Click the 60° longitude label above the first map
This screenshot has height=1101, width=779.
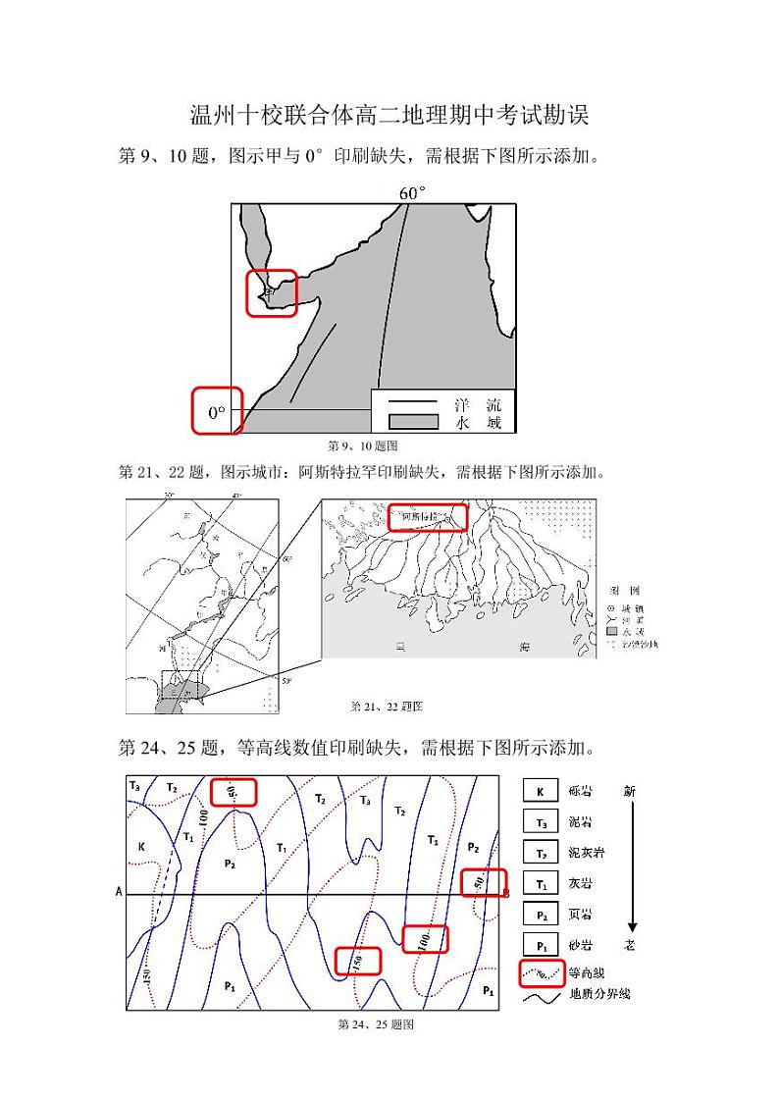click(412, 192)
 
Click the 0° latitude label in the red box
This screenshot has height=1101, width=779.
click(216, 412)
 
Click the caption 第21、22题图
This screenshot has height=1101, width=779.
click(387, 706)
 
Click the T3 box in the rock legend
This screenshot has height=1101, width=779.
click(540, 822)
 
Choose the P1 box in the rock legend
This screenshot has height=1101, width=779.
click(540, 944)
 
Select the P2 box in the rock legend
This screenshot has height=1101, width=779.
click(540, 914)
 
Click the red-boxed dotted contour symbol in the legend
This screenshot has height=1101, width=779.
click(541, 972)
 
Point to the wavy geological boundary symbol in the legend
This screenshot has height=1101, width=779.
click(541, 995)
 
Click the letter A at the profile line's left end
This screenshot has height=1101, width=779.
click(119, 892)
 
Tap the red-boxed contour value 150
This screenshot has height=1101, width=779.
click(357, 961)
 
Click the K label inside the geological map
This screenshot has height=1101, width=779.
click(141, 845)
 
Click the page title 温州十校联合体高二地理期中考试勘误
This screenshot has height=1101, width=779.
click(389, 116)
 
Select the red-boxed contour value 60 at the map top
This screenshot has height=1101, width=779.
click(234, 792)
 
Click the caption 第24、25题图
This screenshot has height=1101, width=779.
click(375, 1023)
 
